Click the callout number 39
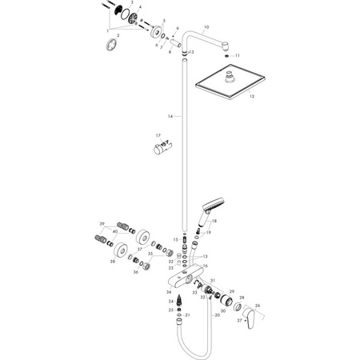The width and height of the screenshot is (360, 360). [102, 223]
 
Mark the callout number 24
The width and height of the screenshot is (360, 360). [170, 301]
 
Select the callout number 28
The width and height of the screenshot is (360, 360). [242, 298]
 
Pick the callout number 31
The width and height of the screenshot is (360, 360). [212, 280]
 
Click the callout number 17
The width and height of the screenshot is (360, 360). [158, 136]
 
